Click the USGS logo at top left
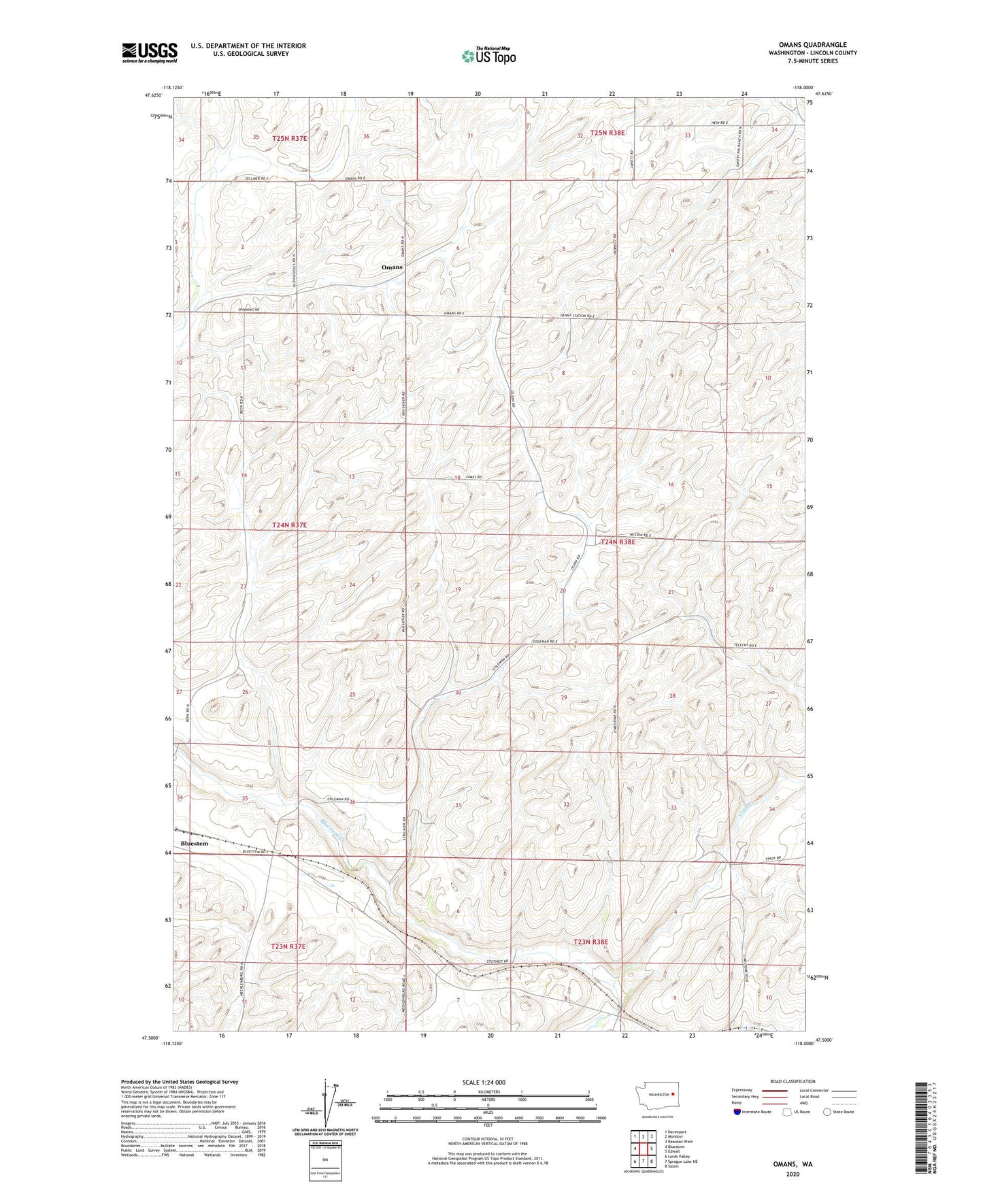(x=150, y=52)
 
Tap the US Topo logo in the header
(x=488, y=56)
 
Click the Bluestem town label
(x=194, y=844)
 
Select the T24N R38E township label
(x=618, y=542)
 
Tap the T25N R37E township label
(x=290, y=138)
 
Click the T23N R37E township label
(x=288, y=946)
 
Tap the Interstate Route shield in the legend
(x=738, y=1111)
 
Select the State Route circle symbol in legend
(x=827, y=1111)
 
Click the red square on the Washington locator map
(x=673, y=1095)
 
